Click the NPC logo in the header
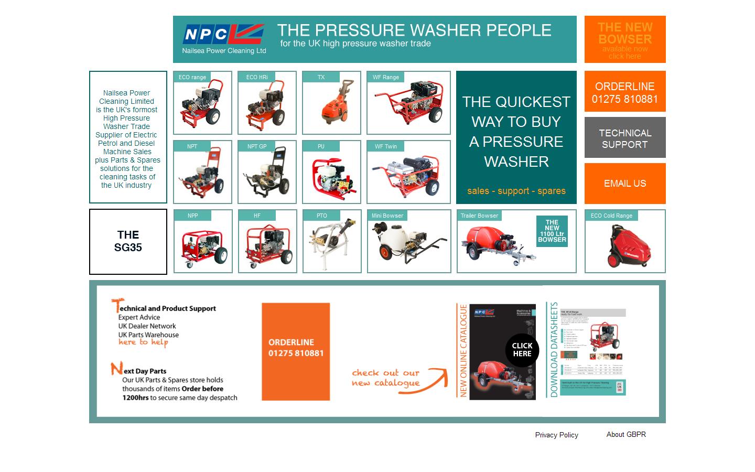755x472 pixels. click(x=223, y=35)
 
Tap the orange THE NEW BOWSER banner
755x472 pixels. click(x=624, y=39)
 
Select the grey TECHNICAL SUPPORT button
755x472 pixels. click(x=624, y=138)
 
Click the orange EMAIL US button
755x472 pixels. click(x=624, y=184)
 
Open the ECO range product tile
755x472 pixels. click(x=202, y=103)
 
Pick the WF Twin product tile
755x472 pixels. click(x=408, y=172)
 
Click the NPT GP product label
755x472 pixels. click(x=257, y=146)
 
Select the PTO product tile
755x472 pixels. click(x=332, y=241)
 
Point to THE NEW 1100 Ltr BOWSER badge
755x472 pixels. click(x=552, y=231)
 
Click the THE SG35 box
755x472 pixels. click(x=128, y=241)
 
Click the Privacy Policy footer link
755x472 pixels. click(x=556, y=435)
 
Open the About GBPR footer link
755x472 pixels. click(x=626, y=434)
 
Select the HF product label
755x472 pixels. click(x=257, y=216)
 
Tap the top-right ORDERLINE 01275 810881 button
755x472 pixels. click(x=624, y=92)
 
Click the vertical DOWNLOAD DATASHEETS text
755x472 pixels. click(x=554, y=350)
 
